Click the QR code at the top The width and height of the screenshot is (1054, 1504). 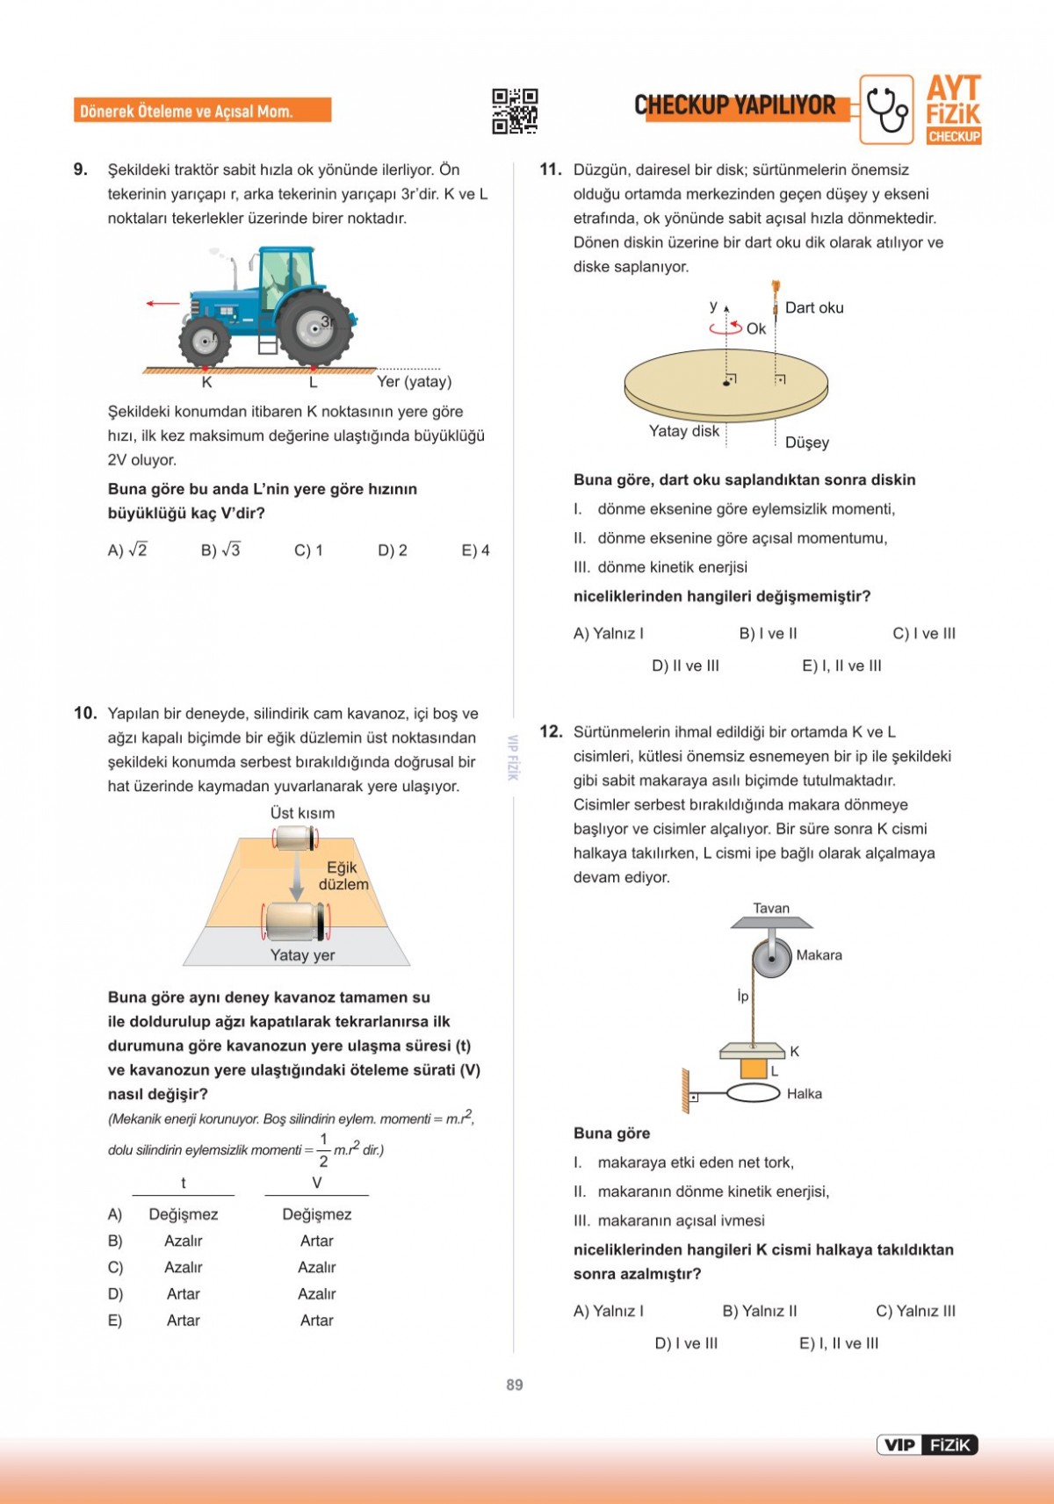[x=515, y=111]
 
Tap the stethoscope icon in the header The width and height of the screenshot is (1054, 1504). [x=886, y=110]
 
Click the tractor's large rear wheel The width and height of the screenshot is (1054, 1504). [x=314, y=328]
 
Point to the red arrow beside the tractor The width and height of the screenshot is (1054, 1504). [x=162, y=304]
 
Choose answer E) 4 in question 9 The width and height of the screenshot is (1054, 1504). [x=475, y=551]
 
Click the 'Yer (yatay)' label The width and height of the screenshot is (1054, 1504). [x=414, y=382]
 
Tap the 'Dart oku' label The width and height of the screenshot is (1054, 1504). [x=814, y=308]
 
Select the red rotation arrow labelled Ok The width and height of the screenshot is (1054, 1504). [x=726, y=328]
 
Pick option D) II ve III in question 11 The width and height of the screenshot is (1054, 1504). [x=685, y=666]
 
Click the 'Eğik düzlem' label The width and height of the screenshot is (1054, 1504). [x=343, y=876]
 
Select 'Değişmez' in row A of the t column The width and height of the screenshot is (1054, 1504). [x=183, y=1215]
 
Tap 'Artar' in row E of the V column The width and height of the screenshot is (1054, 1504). [x=316, y=1320]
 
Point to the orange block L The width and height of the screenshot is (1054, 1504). [x=753, y=1069]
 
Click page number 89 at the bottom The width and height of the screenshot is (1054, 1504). [x=515, y=1385]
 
